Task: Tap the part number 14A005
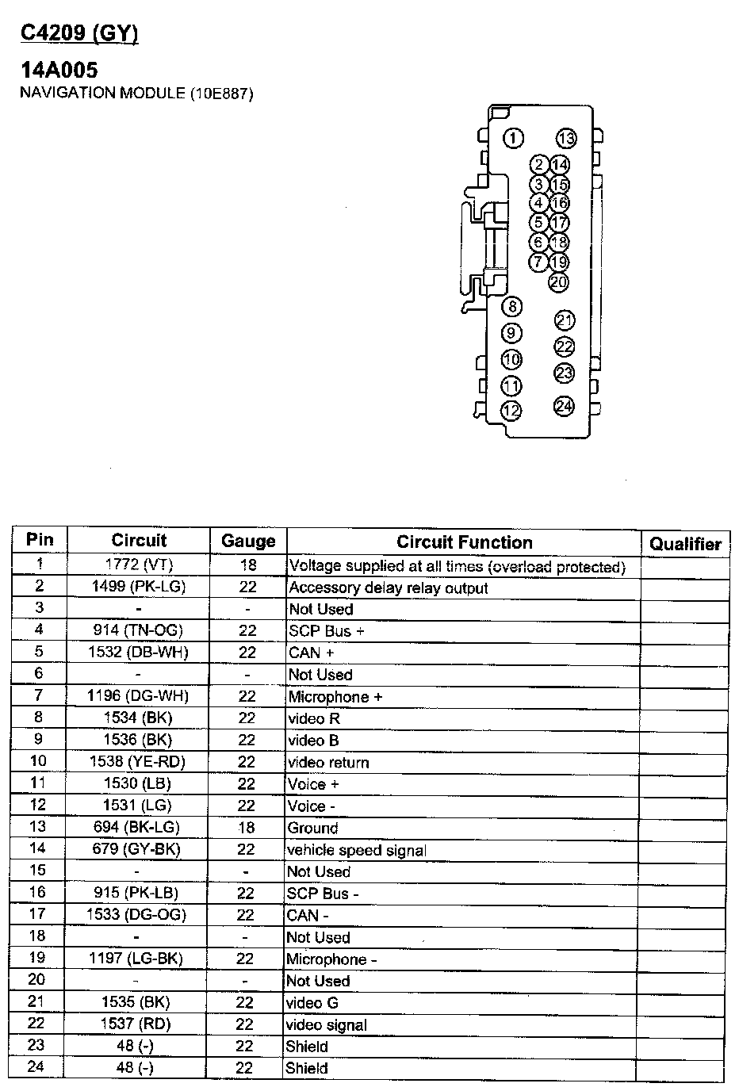click(59, 70)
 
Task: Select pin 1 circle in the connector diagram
click(514, 139)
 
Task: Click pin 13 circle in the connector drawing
click(565, 139)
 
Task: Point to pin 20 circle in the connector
click(558, 281)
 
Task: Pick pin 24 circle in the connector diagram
click(564, 406)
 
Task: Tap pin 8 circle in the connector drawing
click(513, 307)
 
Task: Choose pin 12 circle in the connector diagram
click(512, 411)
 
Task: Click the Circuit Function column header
click(464, 542)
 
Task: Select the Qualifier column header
click(685, 544)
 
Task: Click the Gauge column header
click(248, 542)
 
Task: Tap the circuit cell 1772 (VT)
click(139, 565)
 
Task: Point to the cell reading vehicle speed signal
click(357, 850)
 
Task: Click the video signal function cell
click(327, 1024)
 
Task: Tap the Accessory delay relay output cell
click(389, 588)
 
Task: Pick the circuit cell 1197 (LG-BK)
click(136, 959)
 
